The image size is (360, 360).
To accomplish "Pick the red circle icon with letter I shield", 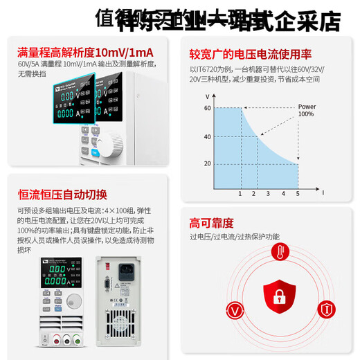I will (x=325, y=309).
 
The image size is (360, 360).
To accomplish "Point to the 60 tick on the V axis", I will (x=207, y=108).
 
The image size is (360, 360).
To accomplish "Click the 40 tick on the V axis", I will (x=207, y=136).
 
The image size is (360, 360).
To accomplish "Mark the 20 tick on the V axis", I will (x=207, y=164).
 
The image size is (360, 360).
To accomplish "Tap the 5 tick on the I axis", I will (x=298, y=194).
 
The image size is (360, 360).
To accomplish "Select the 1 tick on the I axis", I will (x=240, y=194).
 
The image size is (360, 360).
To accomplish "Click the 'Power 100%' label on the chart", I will (x=307, y=110).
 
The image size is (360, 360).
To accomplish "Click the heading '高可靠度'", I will (x=212, y=223).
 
